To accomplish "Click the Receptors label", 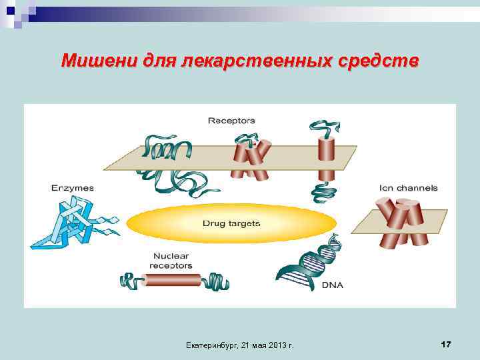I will pyautogui.click(x=231, y=121).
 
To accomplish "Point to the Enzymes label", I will pyautogui.click(x=73, y=188).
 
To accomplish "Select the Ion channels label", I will pyautogui.click(x=409, y=188).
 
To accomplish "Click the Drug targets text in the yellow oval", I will pyautogui.click(x=231, y=223).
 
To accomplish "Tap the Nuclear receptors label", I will pyautogui.click(x=171, y=261).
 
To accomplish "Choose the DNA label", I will pyautogui.click(x=333, y=285).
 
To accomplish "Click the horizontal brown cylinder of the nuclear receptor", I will pyautogui.click(x=173, y=280).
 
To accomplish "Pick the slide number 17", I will pyautogui.click(x=446, y=344).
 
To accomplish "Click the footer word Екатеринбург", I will pyautogui.click(x=209, y=345).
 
